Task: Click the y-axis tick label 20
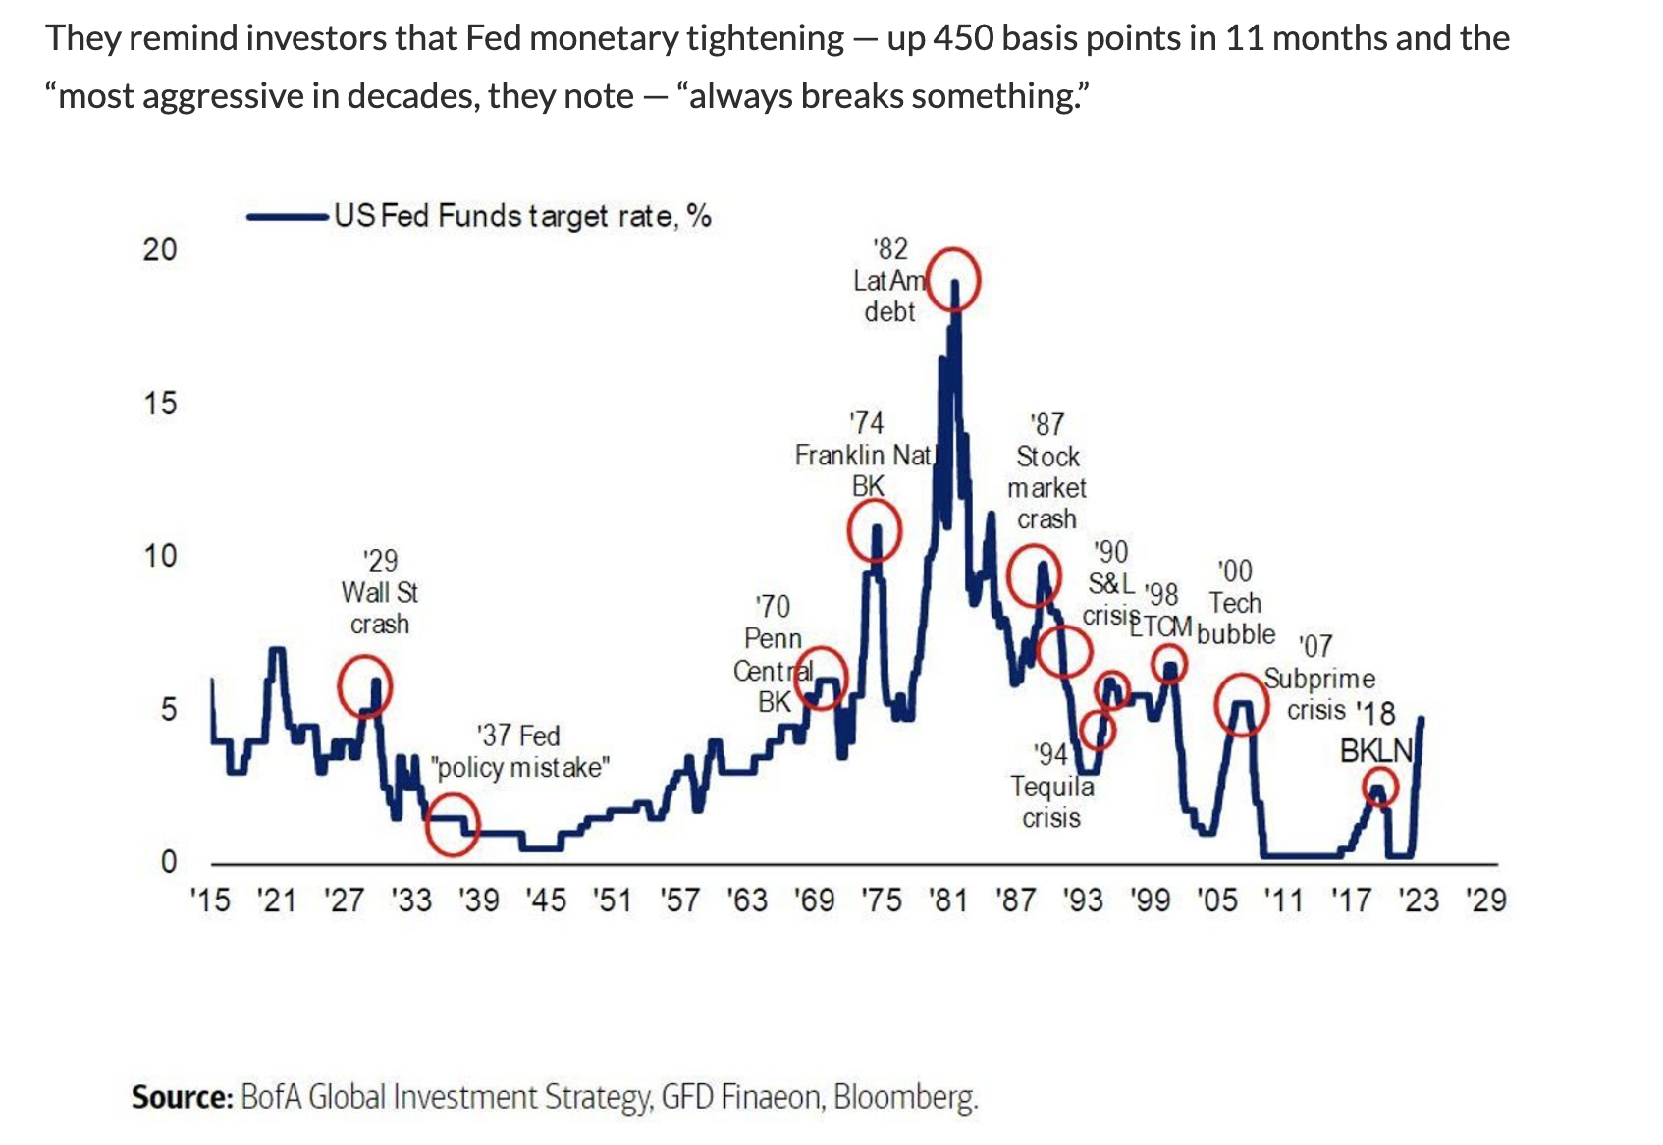pyautogui.click(x=160, y=249)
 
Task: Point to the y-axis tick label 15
pyautogui.click(x=160, y=403)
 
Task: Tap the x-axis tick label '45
pyautogui.click(x=546, y=900)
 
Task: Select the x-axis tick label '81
pyautogui.click(x=948, y=900)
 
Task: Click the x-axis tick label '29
pyautogui.click(x=1485, y=900)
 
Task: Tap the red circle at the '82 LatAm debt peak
pyautogui.click(x=953, y=280)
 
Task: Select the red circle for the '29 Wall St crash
pyautogui.click(x=365, y=685)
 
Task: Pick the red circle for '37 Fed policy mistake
pyautogui.click(x=453, y=825)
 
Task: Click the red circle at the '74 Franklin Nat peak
pyautogui.click(x=875, y=530)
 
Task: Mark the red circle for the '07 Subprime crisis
pyautogui.click(x=1243, y=703)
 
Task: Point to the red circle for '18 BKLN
pyautogui.click(x=1380, y=788)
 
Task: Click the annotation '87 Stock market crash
pyautogui.click(x=1047, y=471)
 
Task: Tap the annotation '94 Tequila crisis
pyautogui.click(x=1052, y=786)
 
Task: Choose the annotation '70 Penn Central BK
pyautogui.click(x=774, y=654)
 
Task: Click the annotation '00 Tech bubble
pyautogui.click(x=1235, y=603)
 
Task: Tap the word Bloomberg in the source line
pyautogui.click(x=905, y=1097)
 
